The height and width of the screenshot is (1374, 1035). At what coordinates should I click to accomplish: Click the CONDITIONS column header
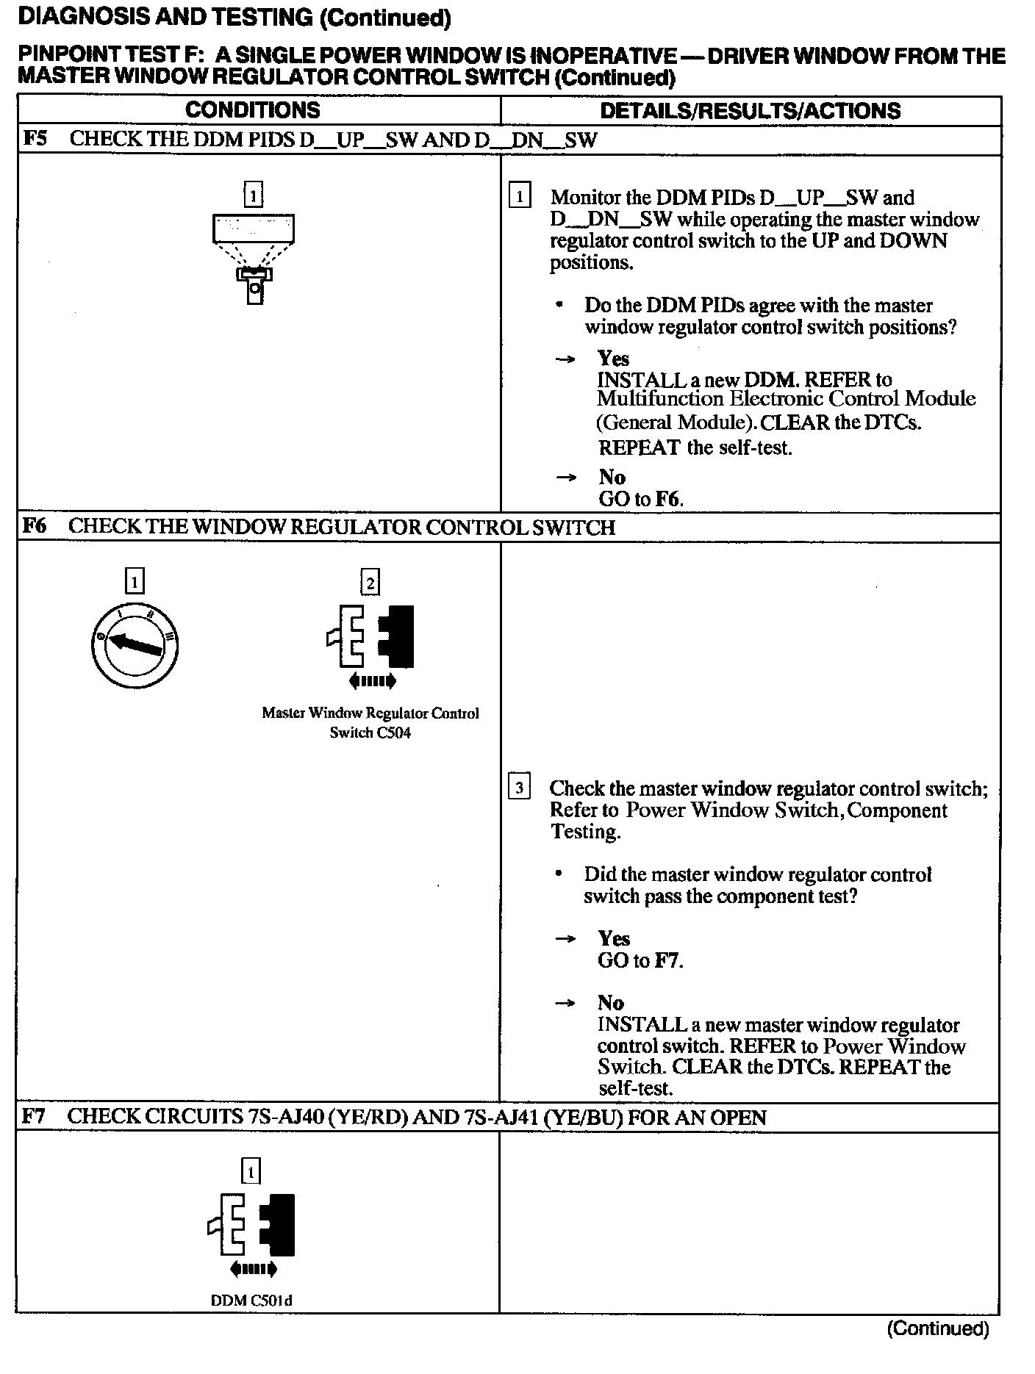pos(252,110)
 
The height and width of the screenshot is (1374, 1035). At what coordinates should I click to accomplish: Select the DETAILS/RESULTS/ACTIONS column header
pos(750,111)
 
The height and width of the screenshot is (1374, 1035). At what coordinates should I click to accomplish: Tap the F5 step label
pos(35,139)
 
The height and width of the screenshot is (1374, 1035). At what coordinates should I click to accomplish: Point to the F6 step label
pos(35,526)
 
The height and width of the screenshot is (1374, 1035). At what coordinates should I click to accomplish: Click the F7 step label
pos(34,1117)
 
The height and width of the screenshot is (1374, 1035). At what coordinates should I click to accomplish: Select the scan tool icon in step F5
pos(254,258)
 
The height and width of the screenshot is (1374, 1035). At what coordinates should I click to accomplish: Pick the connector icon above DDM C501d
pos(252,1224)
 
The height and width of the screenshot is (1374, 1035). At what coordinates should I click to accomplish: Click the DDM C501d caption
pos(251,1301)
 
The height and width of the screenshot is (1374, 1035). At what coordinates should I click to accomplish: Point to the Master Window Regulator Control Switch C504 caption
pos(370,722)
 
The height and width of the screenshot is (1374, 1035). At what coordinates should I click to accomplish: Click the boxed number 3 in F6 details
pos(519,788)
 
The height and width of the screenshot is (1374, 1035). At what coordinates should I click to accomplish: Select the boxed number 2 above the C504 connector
pos(370,583)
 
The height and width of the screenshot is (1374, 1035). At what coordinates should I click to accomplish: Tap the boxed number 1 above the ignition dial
pos(135,582)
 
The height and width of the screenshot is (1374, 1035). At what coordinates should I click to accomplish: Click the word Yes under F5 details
pos(613,359)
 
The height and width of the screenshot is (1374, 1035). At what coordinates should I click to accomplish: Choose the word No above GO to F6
pos(612,477)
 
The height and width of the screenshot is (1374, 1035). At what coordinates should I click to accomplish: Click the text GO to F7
pos(640,960)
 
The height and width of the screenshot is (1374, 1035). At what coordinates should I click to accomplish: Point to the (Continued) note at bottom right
pos(938,1328)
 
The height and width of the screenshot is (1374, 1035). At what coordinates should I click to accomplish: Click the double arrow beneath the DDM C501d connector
pos(253,1269)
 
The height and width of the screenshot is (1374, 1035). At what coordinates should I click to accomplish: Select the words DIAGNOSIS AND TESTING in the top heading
pos(165,18)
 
